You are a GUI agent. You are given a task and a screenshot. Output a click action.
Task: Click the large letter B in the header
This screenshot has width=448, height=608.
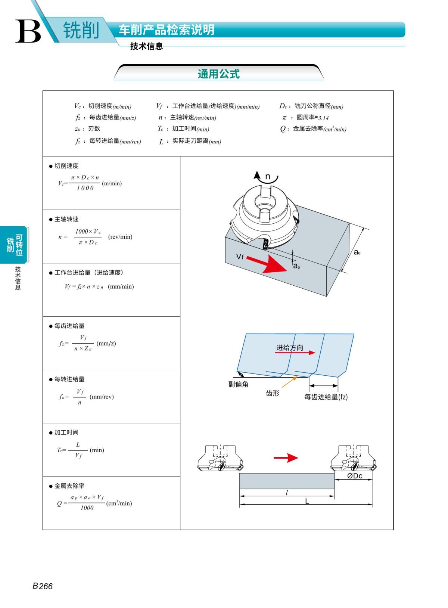pos(28,31)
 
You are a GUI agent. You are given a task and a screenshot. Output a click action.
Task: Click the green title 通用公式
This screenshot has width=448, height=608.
pos(218,74)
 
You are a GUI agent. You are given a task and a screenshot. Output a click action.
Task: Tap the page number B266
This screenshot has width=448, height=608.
pos(42,593)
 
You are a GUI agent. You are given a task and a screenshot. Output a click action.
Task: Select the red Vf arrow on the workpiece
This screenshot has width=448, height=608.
pos(267,263)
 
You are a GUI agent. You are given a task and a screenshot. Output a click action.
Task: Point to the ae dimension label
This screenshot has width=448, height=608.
pos(357,252)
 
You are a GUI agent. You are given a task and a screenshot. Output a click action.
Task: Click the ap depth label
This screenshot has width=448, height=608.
pos(296,266)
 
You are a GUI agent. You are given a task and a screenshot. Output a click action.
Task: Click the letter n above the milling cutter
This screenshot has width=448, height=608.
pos(268,177)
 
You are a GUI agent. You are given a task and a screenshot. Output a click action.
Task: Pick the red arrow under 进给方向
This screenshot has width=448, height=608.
pos(295,353)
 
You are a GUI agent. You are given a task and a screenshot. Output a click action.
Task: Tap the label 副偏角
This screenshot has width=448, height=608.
pos(238,384)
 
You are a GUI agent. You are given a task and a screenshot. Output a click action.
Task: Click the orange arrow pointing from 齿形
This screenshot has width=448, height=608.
pos(289,382)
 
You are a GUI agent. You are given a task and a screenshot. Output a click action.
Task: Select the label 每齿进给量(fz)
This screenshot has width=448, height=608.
pos(326,397)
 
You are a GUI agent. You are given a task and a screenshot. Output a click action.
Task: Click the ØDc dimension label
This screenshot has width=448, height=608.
pos(355,476)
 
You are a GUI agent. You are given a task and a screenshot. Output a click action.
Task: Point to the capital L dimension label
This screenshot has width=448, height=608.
pos(307,501)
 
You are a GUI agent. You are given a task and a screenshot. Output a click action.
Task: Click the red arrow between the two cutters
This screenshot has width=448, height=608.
pos(286,457)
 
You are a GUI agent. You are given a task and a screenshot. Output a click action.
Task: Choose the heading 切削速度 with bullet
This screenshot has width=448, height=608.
pos(64,166)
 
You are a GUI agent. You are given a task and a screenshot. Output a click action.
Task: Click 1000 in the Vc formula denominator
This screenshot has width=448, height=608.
pos(85,188)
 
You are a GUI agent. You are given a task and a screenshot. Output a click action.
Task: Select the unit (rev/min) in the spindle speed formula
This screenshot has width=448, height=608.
pos(120,237)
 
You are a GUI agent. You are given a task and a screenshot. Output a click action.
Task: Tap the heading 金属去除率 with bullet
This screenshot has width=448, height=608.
pos(67,486)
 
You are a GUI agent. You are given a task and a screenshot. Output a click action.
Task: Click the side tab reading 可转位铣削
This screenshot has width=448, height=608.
pos(15,245)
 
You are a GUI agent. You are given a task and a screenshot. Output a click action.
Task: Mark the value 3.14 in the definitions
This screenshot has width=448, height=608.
pos(323,118)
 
